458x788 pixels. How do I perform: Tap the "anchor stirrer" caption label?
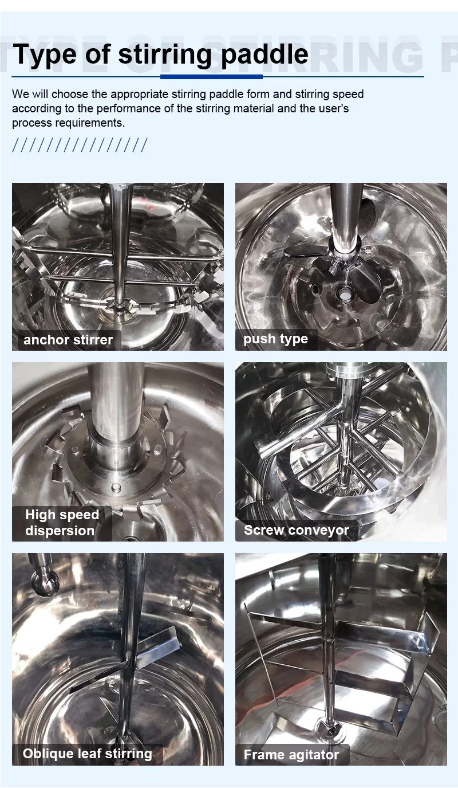point(68,340)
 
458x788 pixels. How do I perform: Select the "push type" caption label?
point(275,339)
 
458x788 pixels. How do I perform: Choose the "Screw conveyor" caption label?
point(296,530)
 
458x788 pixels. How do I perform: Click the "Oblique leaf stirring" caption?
point(87,754)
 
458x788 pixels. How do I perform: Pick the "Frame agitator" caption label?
point(291,755)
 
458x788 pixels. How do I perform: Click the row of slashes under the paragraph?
point(80,145)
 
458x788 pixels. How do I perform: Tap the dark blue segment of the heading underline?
point(211,76)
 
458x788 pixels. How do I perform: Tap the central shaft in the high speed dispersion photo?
point(115,407)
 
